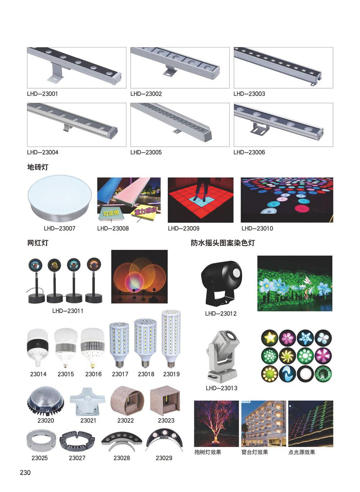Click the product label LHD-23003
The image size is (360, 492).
(x=249, y=94)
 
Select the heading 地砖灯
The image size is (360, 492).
(x=37, y=167)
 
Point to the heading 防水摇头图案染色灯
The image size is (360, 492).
(x=223, y=243)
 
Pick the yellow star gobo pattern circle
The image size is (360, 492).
(x=270, y=338)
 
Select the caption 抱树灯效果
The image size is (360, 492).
(x=208, y=452)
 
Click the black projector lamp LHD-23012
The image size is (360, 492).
(x=221, y=283)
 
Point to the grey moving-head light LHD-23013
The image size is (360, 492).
(x=222, y=356)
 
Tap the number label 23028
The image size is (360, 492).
(x=121, y=458)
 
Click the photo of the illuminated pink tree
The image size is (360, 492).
(x=216, y=424)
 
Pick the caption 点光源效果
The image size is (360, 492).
(x=301, y=452)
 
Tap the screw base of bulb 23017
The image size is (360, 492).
(x=119, y=364)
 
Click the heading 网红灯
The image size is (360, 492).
(x=37, y=243)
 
